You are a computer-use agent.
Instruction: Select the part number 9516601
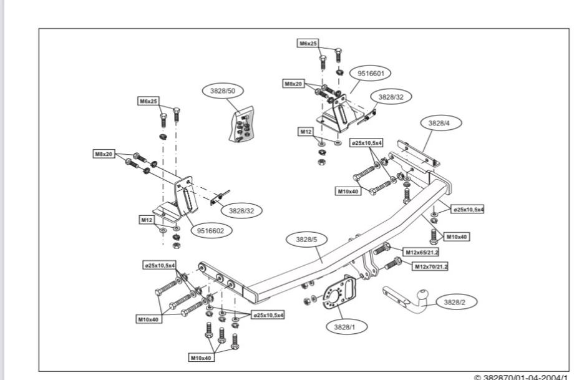[374, 74]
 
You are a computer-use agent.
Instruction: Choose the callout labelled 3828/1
[343, 328]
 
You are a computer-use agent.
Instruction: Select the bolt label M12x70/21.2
[430, 266]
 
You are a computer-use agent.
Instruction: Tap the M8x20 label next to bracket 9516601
[294, 83]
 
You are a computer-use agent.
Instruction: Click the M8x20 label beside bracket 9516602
[103, 153]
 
